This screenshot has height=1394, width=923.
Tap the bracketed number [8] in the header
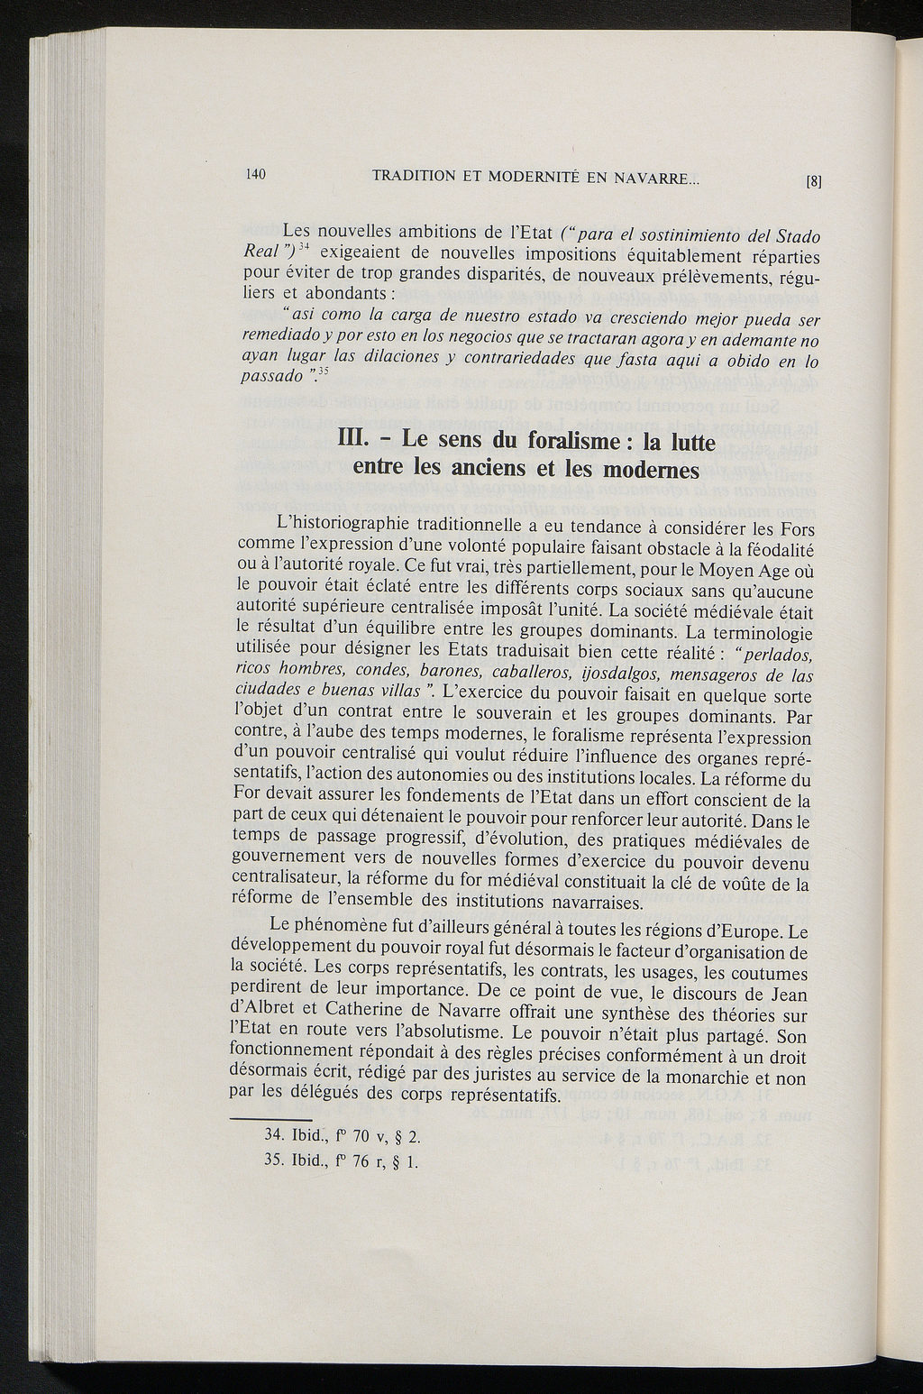click(x=813, y=179)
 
